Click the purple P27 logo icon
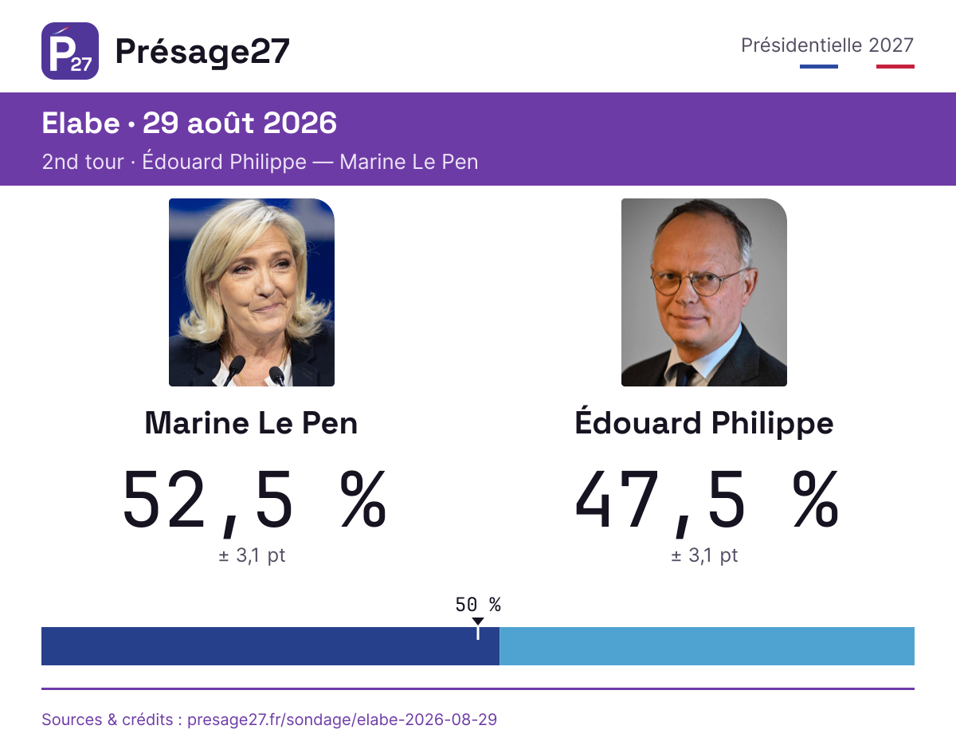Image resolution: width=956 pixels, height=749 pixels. click(x=70, y=51)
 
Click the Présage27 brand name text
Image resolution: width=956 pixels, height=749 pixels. click(x=202, y=53)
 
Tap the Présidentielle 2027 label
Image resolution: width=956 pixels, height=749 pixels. click(x=827, y=45)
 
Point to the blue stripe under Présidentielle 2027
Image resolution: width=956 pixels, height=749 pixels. click(x=819, y=66)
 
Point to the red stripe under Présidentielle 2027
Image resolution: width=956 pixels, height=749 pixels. click(x=895, y=66)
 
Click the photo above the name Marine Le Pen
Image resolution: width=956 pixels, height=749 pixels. click(x=252, y=292)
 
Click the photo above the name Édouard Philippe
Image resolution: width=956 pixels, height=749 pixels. click(x=704, y=292)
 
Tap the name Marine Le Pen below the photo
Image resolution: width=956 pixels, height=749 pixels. click(x=251, y=423)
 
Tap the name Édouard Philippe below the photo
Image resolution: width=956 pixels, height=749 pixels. click(x=704, y=422)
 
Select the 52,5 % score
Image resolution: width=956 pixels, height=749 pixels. click(x=254, y=500)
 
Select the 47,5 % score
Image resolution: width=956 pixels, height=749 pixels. click(x=707, y=500)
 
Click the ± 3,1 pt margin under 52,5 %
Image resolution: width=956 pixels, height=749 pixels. click(x=252, y=555)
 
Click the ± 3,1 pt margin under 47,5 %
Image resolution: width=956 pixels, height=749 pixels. click(x=704, y=555)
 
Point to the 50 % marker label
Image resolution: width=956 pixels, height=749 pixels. click(x=478, y=605)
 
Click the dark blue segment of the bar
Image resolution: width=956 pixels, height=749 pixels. click(x=271, y=646)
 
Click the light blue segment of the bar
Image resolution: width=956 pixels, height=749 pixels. click(x=707, y=646)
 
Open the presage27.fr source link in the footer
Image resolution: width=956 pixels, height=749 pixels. click(x=343, y=720)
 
